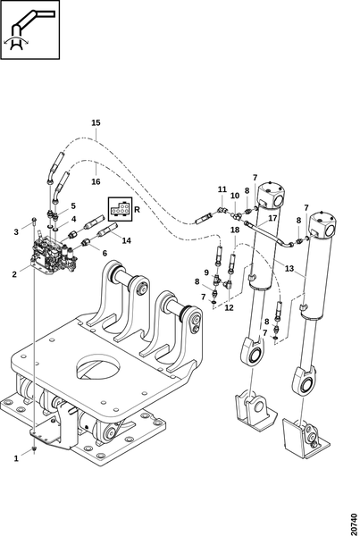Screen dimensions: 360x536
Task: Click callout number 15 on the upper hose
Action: coord(96,122)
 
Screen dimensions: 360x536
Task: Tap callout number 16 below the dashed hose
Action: coord(96,181)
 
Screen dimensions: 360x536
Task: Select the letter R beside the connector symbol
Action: coord(137,210)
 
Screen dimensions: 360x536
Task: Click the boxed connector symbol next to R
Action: coord(120,209)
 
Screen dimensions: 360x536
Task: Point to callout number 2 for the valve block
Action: coord(14,274)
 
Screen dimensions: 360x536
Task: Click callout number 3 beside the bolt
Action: coord(16,232)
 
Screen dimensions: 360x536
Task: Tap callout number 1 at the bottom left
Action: coord(16,459)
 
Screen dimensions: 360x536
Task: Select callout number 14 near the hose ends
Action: coord(127,240)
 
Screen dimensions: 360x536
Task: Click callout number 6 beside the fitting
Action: coord(105,254)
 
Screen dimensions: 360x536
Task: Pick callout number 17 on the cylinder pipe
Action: coord(272,218)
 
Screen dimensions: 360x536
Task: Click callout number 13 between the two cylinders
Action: coord(289,268)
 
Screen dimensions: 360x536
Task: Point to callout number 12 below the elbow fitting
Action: coord(229,307)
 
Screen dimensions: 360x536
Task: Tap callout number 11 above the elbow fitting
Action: coord(222,189)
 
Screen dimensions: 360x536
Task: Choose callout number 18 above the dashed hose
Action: coord(235,230)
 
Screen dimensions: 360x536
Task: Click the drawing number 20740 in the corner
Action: coord(355,522)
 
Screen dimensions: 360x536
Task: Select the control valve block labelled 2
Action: coord(54,256)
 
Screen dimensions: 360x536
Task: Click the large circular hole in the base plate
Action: coord(98,367)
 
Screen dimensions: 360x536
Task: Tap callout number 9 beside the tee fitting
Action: coord(206,272)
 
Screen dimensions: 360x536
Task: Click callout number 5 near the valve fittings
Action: coord(73,206)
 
